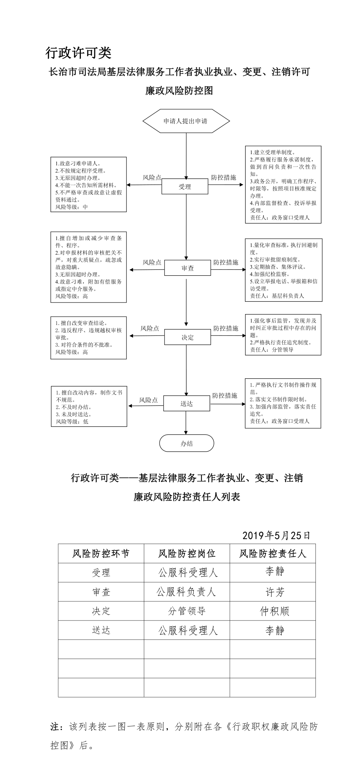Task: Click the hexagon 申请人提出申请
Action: (x=186, y=121)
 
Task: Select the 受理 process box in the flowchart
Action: (x=185, y=187)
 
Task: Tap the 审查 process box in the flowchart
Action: (x=187, y=268)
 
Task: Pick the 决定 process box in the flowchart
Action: (x=187, y=337)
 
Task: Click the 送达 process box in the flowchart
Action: (x=186, y=403)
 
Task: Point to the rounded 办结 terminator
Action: (x=187, y=443)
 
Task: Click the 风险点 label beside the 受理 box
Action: (x=152, y=177)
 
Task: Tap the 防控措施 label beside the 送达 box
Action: (x=225, y=395)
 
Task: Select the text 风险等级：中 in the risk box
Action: (x=71, y=207)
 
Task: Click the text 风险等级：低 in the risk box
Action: (x=72, y=421)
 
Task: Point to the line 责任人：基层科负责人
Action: (x=277, y=296)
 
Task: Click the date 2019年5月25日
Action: (x=276, y=535)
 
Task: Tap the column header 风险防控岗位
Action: (x=187, y=553)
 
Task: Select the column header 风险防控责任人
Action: (x=273, y=553)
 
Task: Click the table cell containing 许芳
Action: (x=273, y=592)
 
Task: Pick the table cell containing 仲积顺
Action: (x=273, y=611)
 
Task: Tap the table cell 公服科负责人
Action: (x=187, y=592)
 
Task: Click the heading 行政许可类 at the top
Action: (x=78, y=53)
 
